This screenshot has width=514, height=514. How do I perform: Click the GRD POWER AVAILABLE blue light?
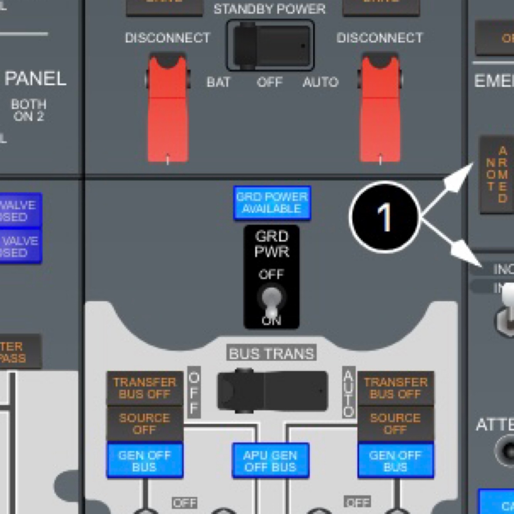coord(272,203)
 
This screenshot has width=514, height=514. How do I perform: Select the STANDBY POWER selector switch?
coord(270,45)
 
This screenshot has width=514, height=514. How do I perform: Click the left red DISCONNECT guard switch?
coord(168,108)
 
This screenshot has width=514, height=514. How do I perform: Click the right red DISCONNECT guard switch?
coord(380,108)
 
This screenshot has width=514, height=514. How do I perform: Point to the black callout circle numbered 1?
coord(384,217)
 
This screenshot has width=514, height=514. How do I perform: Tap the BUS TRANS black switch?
coord(272,391)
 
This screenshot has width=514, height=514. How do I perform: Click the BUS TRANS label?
coord(271,353)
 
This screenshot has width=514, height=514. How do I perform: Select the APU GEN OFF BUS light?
coord(270,461)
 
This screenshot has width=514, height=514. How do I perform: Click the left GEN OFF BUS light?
coord(144,461)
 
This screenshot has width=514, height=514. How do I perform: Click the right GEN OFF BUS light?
coord(395,461)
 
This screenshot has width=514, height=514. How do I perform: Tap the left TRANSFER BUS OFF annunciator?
coord(144,388)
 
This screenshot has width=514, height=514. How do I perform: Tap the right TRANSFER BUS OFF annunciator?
coord(395,388)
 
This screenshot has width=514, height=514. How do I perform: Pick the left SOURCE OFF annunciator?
coord(144,424)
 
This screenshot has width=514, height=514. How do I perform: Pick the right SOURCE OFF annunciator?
coord(395,424)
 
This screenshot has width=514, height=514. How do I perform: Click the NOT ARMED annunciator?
coord(497,175)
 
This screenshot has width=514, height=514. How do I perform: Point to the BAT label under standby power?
coord(218,82)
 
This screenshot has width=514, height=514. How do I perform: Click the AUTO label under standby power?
coord(321,82)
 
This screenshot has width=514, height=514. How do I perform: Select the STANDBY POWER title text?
coord(269,9)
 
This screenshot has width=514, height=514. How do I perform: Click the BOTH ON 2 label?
coord(29,110)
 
